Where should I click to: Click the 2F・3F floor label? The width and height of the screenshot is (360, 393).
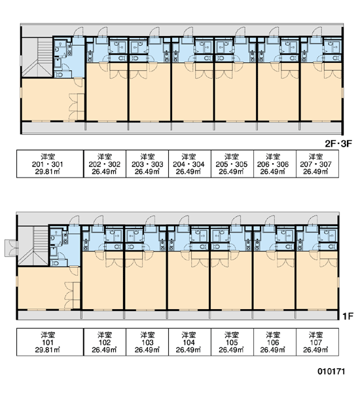[338, 143]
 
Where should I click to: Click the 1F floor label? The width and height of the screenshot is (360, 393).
[348, 316]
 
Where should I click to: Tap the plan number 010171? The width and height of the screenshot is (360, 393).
[331, 371]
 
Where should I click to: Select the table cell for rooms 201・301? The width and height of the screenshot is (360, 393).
[50, 164]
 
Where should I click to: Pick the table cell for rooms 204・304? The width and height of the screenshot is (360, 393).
[190, 164]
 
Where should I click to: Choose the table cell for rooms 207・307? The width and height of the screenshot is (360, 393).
[317, 164]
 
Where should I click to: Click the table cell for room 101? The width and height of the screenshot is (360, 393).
[50, 342]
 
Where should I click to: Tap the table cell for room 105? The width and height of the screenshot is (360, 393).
[232, 342]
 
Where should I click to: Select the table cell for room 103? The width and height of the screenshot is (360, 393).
[147, 342]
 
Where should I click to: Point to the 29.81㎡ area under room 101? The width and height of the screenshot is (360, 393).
[47, 350]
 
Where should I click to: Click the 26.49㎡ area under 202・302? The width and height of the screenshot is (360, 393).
[104, 172]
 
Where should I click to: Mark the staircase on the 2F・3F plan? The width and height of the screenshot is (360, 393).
[37, 57]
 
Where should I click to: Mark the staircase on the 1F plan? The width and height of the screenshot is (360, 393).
[33, 246]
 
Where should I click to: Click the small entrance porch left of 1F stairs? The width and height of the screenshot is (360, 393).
[11, 248]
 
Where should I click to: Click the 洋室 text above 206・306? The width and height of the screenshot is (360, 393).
[273, 157]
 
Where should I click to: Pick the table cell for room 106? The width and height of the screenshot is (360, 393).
[275, 342]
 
